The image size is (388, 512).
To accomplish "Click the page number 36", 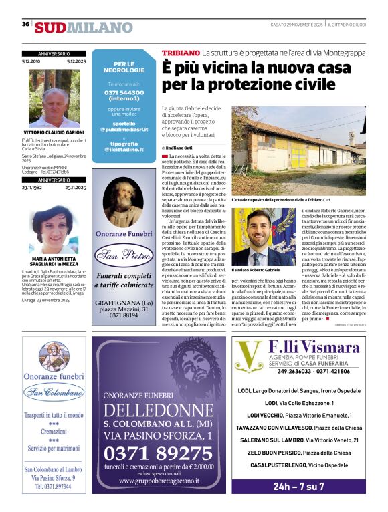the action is pos(25,25).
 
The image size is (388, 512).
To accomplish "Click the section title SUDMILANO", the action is pos(84,27).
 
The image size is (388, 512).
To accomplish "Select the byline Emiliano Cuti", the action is pos(179,147).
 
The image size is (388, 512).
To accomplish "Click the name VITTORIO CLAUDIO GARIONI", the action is pos(54,132).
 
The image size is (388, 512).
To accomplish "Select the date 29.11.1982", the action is pos(33,188).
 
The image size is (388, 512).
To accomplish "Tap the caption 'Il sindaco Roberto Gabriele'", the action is pos(256,269).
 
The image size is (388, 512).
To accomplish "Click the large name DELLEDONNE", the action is pos(159,410).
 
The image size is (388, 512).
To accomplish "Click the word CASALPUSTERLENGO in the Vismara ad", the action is pos(274,465).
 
